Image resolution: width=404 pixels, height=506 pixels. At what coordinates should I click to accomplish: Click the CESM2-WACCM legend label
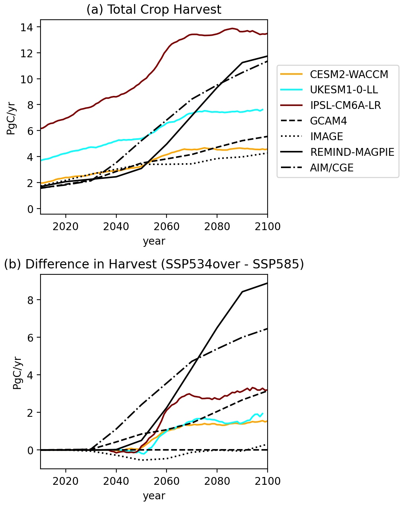pos(349,74)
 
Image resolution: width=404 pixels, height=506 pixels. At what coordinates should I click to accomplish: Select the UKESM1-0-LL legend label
pos(344,90)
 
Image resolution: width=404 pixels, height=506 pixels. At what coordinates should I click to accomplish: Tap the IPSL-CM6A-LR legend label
pos(345,106)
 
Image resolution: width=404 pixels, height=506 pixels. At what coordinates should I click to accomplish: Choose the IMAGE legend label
pos(326,136)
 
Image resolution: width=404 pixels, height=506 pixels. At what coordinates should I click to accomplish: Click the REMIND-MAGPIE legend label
pos(352,152)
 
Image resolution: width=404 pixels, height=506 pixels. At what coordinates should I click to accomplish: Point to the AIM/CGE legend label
pos(332,168)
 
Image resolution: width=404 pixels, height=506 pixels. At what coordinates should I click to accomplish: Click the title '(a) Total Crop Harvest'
pos(154,10)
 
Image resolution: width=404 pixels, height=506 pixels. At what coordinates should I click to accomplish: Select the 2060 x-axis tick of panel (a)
pos(167,226)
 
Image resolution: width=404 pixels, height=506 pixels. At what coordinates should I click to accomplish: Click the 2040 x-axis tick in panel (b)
pos(116,481)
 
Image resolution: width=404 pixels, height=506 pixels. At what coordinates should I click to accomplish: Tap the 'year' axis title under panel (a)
pos(154,241)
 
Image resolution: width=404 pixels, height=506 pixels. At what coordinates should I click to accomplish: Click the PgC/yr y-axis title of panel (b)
pos(17,372)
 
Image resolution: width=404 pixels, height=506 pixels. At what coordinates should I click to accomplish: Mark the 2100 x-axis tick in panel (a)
pos(268,226)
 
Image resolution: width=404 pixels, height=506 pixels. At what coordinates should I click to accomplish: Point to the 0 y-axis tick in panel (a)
pos(30,209)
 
